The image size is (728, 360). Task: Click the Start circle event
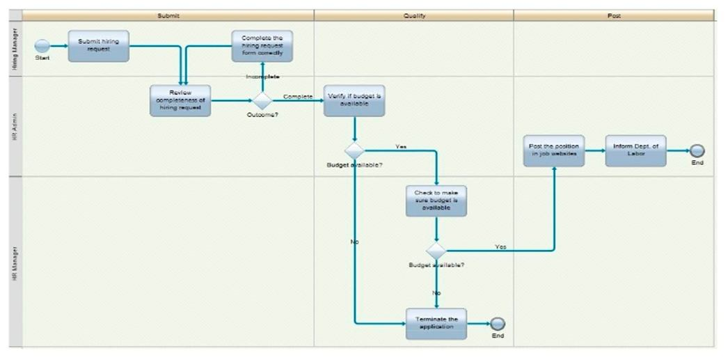point(42,45)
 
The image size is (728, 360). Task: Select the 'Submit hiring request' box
point(98,45)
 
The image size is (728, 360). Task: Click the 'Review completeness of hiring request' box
point(180,100)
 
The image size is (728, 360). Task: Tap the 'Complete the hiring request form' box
point(262,46)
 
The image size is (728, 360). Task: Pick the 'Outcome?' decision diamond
point(262,100)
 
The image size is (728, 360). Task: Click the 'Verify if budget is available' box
point(354,100)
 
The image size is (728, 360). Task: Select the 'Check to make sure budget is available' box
point(436,201)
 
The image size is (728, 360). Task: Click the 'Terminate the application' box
point(436,324)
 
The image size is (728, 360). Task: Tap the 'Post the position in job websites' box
point(554,150)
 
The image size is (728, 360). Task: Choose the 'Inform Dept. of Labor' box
point(635,150)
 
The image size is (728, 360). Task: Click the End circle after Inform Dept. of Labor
point(697,150)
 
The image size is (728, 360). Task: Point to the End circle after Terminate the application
point(498,324)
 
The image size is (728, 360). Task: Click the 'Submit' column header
point(168,15)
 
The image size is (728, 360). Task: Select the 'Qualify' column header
point(414,15)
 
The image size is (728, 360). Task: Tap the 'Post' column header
point(614,15)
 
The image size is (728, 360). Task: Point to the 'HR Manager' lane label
point(15,261)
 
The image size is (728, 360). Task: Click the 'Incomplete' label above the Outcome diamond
point(262,77)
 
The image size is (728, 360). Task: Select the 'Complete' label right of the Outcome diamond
point(298,97)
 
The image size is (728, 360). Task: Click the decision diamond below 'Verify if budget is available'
point(354,150)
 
